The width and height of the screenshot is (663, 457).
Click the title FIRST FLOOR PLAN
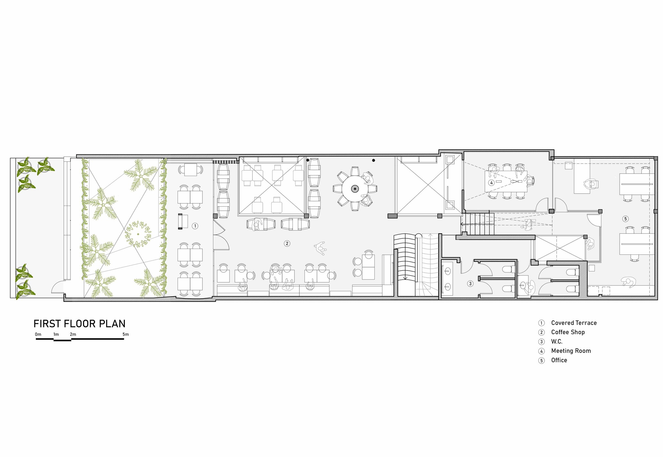[x=80, y=324]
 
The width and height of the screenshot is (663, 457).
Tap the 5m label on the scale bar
[x=126, y=334]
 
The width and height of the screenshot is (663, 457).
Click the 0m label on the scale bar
[x=38, y=334]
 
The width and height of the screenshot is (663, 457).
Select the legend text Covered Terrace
[x=574, y=323]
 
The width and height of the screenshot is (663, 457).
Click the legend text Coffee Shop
[x=568, y=332]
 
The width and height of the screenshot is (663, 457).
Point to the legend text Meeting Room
[x=571, y=351]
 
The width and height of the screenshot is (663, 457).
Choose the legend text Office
[x=559, y=360]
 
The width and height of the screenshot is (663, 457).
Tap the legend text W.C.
[x=557, y=341]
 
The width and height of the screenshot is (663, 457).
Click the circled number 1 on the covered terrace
[x=195, y=226]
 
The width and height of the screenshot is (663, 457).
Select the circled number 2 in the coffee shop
[x=287, y=243]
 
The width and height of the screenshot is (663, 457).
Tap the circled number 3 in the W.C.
[x=470, y=284]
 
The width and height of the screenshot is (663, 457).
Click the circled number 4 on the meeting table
[x=491, y=182]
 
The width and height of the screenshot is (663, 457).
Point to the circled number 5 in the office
[x=625, y=219]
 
